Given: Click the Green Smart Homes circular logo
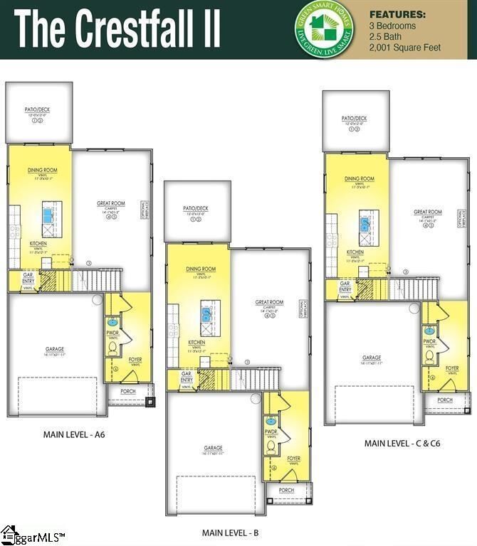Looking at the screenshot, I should coord(325,30).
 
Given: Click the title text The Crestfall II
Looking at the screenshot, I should coord(117,28).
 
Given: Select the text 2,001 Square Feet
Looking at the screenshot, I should coord(405,48).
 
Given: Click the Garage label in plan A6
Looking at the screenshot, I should coord(55,349).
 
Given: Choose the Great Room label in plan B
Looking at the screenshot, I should coord(270,302).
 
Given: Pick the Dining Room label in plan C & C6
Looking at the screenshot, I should coord(359,179).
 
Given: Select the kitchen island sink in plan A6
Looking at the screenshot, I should coord(49,212).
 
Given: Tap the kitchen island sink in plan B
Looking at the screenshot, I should coord(208,311).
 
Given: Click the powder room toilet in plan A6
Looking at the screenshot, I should coord(112,348).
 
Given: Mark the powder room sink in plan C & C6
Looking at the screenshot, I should coord(430,330).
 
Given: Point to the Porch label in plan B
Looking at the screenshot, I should coord(286,491).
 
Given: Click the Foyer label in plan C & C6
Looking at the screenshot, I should coord(452,368).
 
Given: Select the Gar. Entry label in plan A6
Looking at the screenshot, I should coord(29,277).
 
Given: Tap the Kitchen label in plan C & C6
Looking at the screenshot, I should coord(355,252).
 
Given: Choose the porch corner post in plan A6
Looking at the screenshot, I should coord(150,402).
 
